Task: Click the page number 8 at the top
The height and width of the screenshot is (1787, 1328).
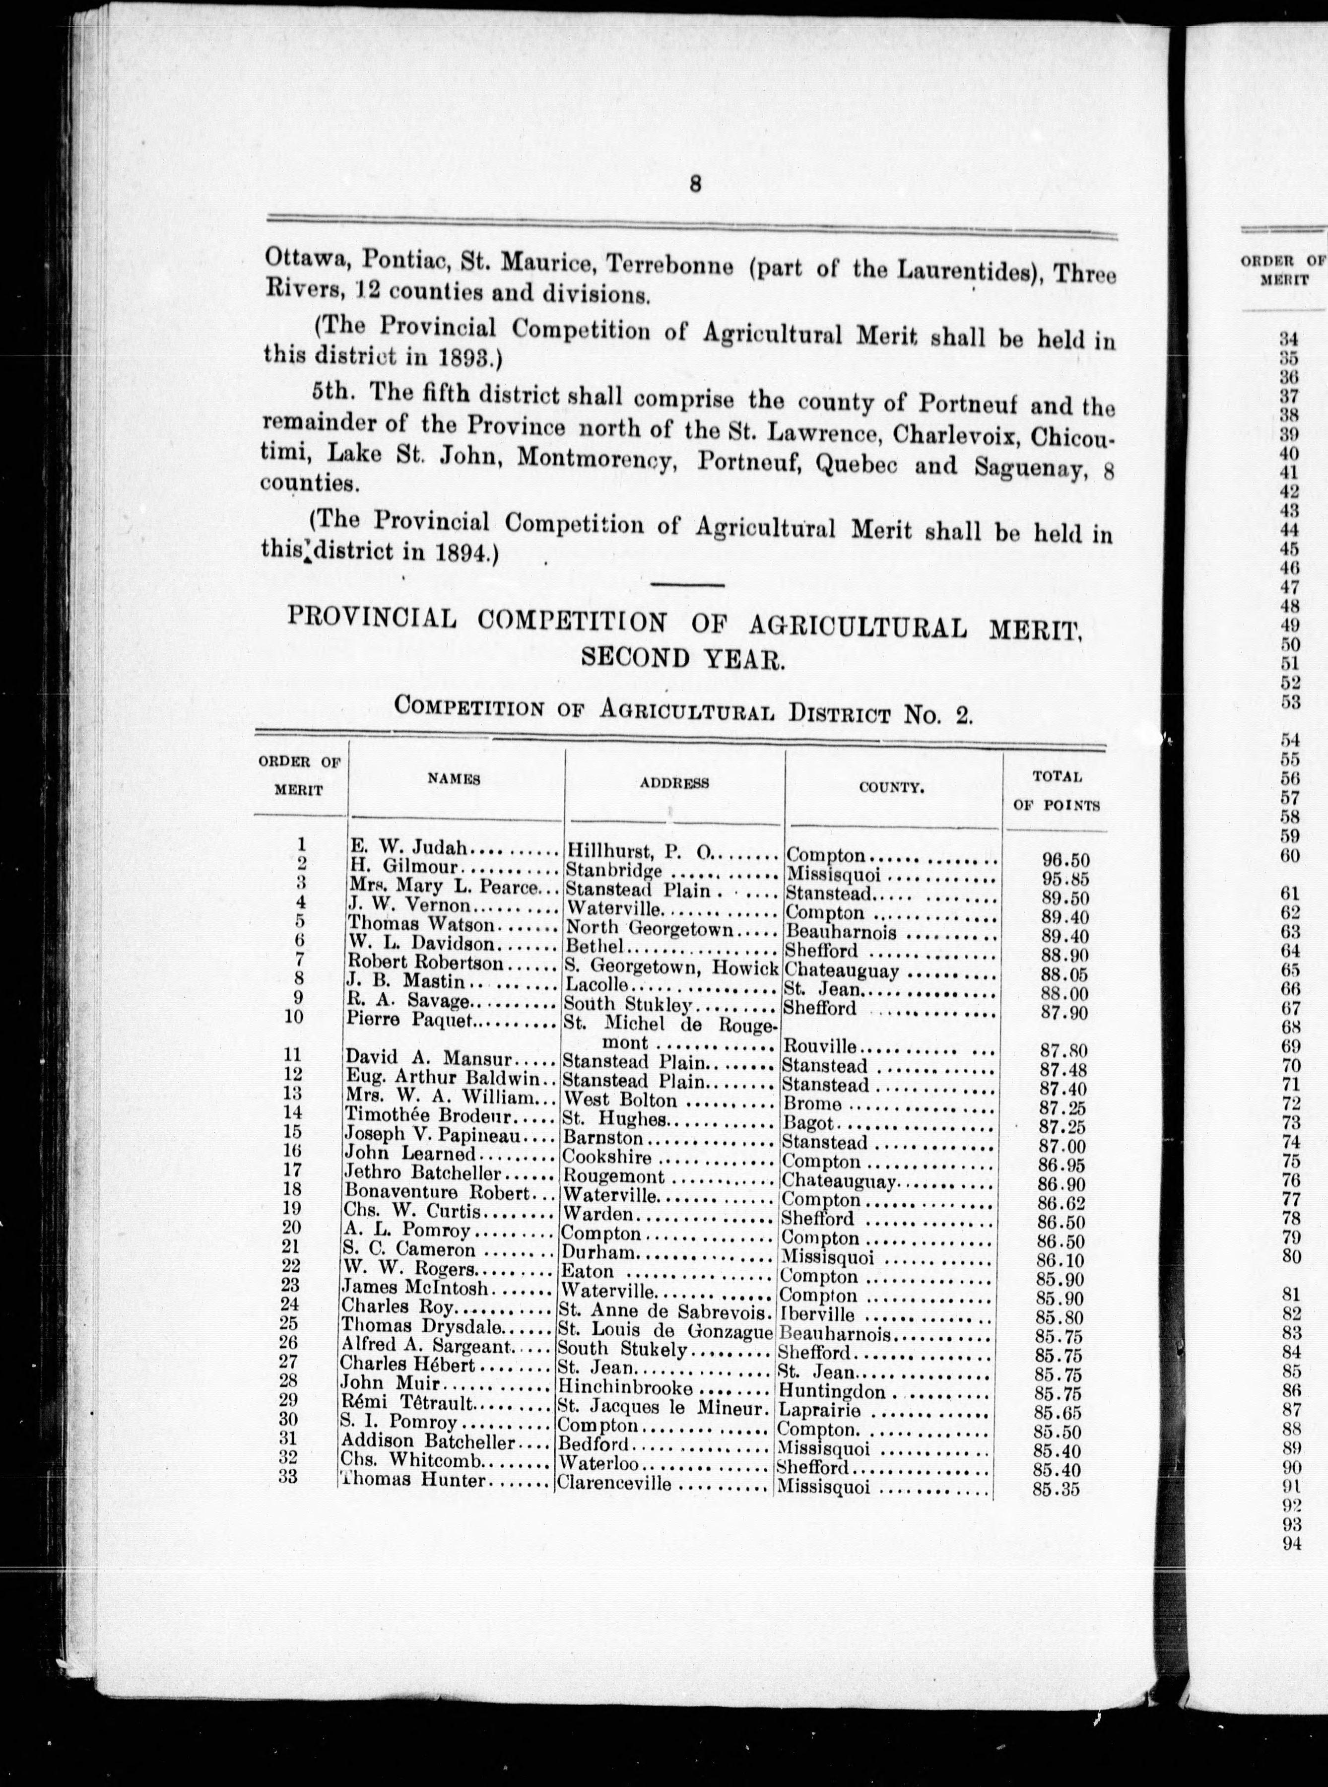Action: (x=695, y=184)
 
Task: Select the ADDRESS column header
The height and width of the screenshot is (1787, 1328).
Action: (x=673, y=782)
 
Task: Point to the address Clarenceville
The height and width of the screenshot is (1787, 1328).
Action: (x=615, y=1484)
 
